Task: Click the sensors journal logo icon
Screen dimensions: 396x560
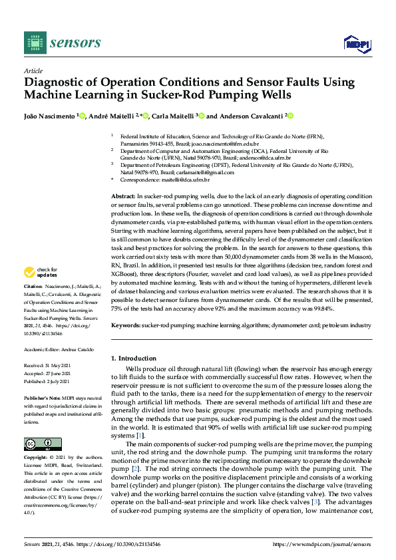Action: pos(33,43)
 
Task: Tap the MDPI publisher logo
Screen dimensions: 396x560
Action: pos(356,43)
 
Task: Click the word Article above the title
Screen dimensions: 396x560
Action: pos(33,70)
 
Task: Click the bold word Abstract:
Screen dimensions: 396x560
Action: pos(122,197)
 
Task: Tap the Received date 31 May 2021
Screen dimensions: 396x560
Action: pos(59,366)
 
